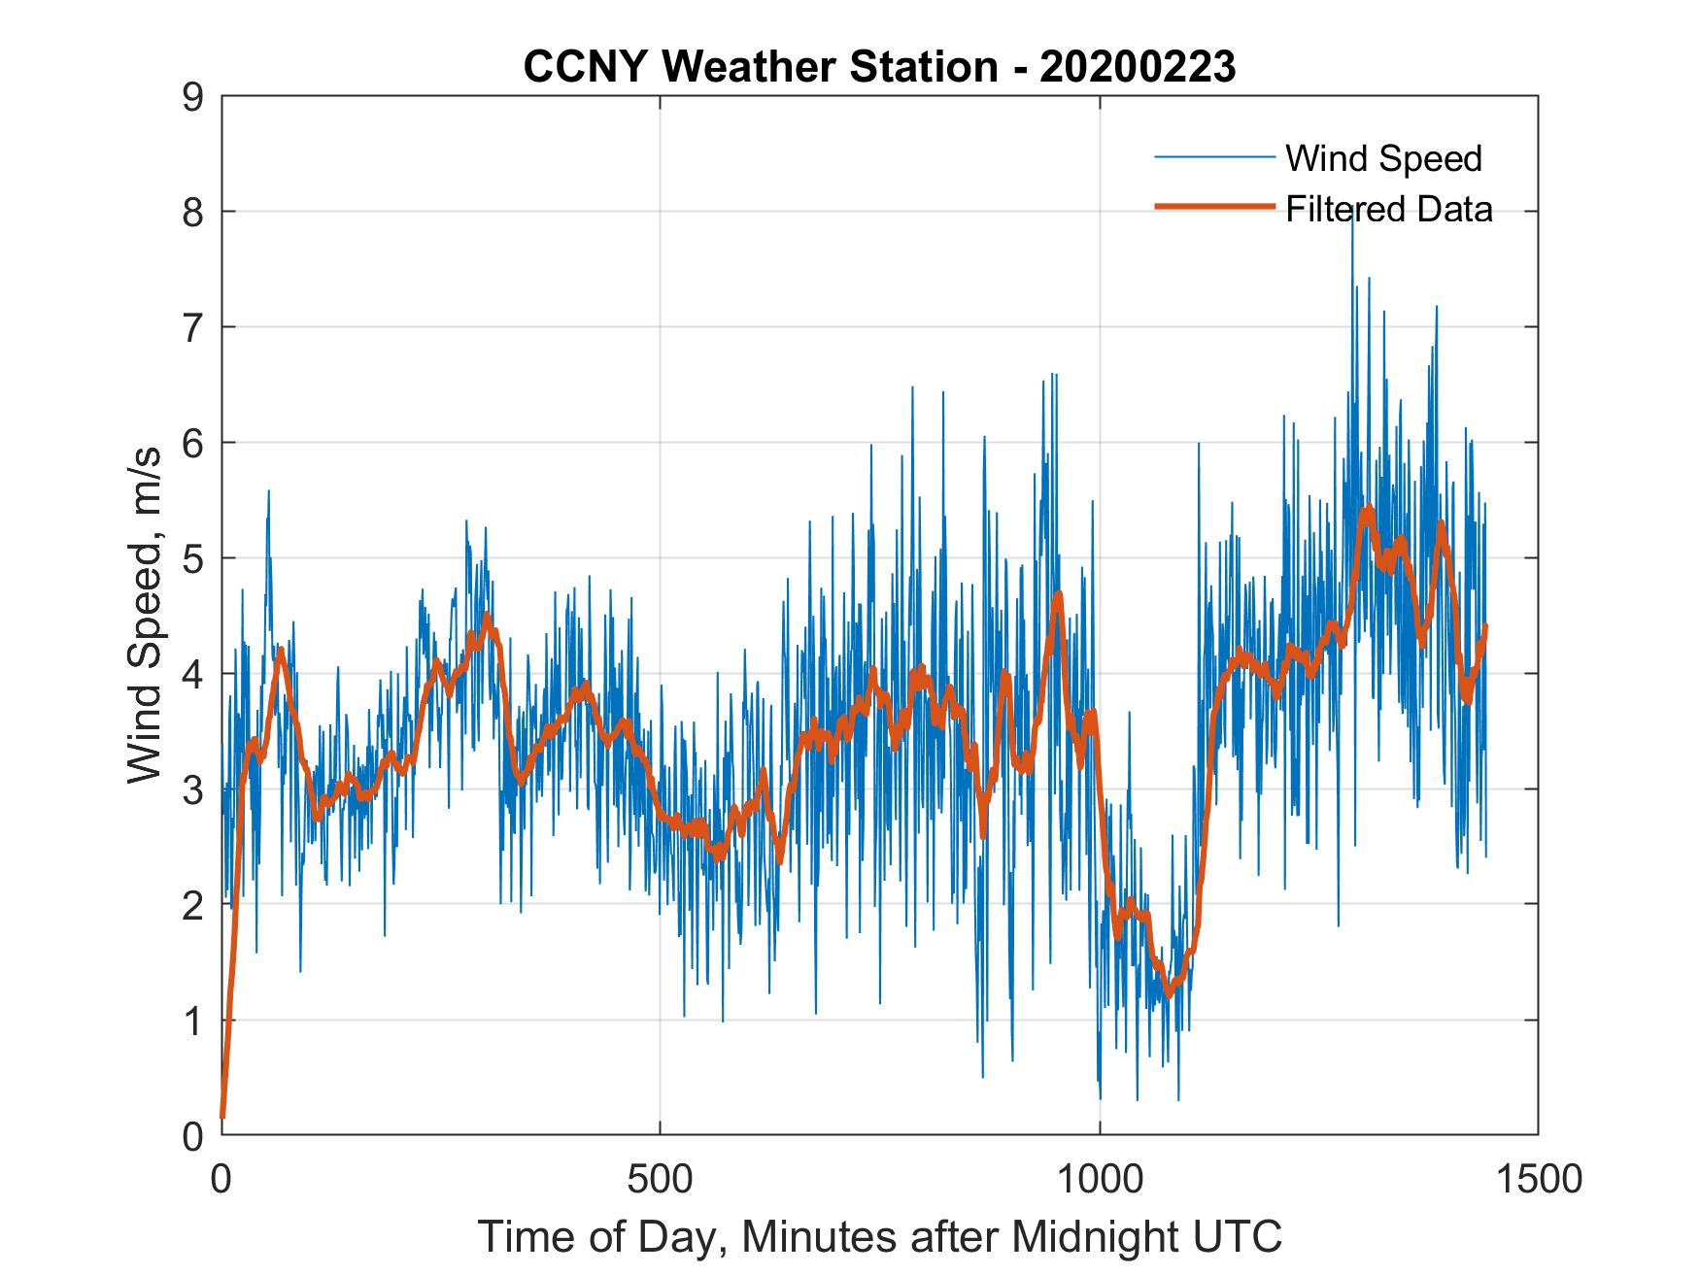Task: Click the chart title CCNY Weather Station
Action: [761, 67]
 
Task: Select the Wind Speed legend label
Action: [1383, 158]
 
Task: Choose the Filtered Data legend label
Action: [1389, 209]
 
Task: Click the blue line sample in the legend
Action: [1213, 157]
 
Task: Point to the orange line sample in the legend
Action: [1213, 207]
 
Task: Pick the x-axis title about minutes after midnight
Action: [879, 1236]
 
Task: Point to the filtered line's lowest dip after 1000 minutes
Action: [1170, 993]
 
